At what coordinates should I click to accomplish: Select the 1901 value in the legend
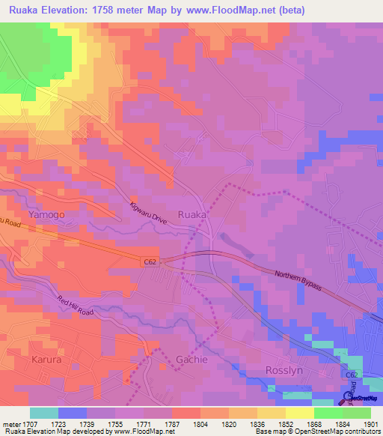(370, 423)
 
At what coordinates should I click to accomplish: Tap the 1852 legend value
(284, 423)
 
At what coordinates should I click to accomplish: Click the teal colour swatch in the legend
(43, 413)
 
